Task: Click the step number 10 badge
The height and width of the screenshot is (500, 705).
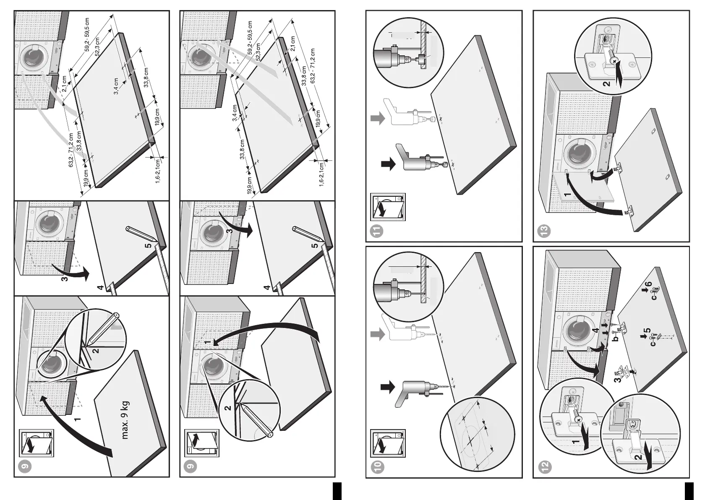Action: pyautogui.click(x=378, y=466)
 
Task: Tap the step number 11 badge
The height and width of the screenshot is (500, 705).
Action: pyautogui.click(x=378, y=230)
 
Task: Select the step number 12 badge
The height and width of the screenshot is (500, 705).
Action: pyautogui.click(x=545, y=466)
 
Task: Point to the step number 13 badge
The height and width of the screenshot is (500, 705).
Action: pyautogui.click(x=545, y=230)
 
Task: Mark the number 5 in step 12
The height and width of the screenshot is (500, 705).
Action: pyautogui.click(x=648, y=332)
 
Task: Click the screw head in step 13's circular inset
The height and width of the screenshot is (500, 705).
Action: pyautogui.click(x=614, y=62)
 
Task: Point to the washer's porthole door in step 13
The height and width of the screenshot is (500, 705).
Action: pyautogui.click(x=577, y=155)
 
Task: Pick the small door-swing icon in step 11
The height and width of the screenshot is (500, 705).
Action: pyautogui.click(x=388, y=207)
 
